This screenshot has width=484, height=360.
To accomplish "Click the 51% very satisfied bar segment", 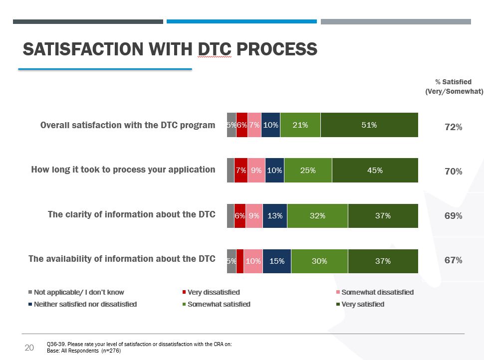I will pos(369,125).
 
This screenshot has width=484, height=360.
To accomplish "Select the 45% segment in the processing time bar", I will pos(375,170).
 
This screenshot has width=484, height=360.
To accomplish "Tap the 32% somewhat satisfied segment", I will pos(317,216).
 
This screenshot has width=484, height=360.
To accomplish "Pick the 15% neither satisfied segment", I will pos(277,261).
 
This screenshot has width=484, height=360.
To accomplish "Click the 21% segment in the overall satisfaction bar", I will pos(300,125).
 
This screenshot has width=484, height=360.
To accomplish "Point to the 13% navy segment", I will pos(275,216).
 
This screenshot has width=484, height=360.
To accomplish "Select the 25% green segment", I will pos(308,170).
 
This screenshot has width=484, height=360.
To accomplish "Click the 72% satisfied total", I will pos(453,127).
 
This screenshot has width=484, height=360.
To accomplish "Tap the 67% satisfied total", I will pos(453,260).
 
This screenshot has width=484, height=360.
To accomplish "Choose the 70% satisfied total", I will pos(453,172).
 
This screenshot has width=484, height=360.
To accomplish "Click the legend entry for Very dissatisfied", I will pos(214,292).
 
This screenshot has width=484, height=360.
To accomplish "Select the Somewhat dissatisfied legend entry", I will pos(377,292).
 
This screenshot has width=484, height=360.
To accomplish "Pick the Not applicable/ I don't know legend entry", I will pos(79,292).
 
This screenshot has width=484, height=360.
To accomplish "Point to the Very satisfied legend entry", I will pos(362,304).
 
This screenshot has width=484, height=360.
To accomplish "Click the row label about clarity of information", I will pos(132,214).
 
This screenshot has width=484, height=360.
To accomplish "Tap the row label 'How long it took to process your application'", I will pos(123,170).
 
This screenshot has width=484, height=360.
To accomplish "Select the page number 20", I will pos(29,348).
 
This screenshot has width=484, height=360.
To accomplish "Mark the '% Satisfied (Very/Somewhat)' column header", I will pos(454,86).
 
